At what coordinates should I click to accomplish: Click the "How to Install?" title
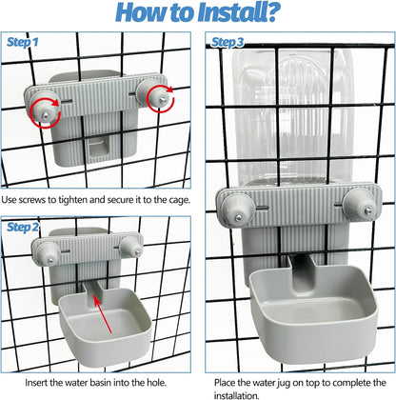[x=198, y=12]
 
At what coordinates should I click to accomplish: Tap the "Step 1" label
[x=22, y=42]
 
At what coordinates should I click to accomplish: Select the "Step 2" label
[x=23, y=227]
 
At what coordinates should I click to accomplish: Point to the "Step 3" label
[x=228, y=42]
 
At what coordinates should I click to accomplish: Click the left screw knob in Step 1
[x=45, y=107]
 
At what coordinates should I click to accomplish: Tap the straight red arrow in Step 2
[x=103, y=314]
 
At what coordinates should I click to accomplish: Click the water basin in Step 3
[x=312, y=311]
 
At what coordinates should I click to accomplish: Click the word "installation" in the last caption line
[x=236, y=395]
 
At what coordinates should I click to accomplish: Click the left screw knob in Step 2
[x=48, y=253]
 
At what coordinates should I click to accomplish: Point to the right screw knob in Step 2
[x=130, y=247]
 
